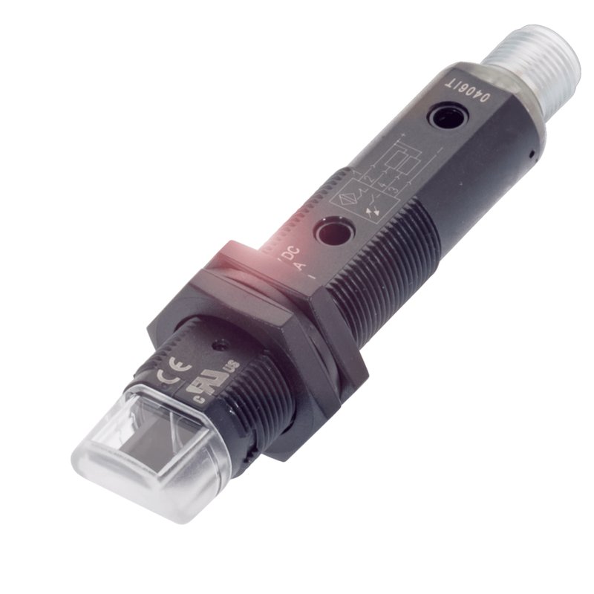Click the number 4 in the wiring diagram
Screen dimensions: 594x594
click(383, 183)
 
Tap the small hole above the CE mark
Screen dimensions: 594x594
click(221, 344)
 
